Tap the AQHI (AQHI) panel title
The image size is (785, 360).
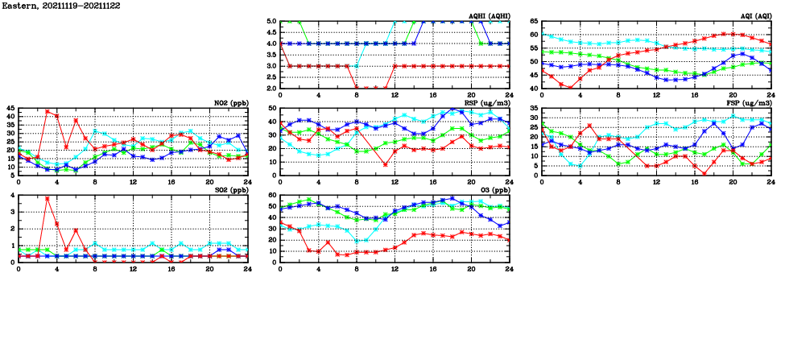488,16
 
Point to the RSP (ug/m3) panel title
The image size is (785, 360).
486,103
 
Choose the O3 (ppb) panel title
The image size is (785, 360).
493,191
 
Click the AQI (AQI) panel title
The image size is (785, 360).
755,16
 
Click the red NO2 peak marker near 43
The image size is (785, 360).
48,111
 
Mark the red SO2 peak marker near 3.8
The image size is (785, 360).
48,198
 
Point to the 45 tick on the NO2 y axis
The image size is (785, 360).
10,108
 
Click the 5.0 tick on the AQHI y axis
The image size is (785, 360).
271,22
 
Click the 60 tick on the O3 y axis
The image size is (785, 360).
272,196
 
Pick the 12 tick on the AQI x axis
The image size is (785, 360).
656,93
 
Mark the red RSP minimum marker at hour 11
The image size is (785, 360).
386,164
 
